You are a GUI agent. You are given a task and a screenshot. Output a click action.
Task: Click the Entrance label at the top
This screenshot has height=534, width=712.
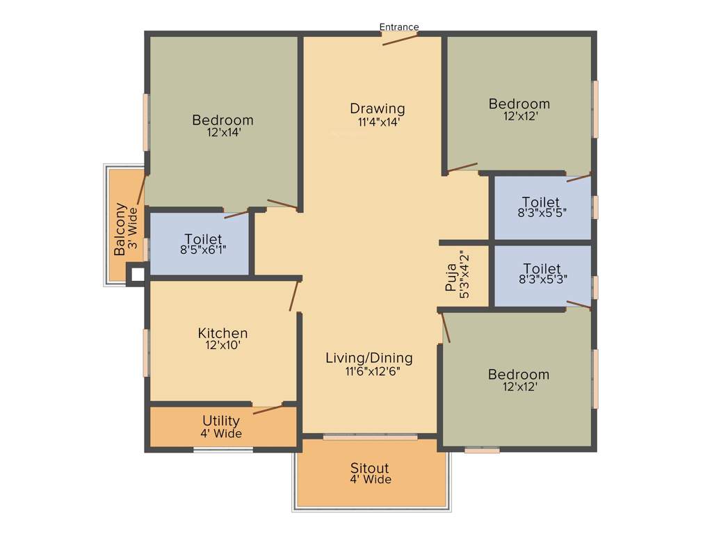[x=398, y=27]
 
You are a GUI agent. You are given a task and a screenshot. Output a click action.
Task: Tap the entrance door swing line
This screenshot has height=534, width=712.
[x=400, y=40]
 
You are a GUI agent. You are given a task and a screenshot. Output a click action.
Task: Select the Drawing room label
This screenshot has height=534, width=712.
[x=378, y=108]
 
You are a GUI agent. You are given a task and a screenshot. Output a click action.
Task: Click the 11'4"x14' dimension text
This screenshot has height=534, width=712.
[x=378, y=122]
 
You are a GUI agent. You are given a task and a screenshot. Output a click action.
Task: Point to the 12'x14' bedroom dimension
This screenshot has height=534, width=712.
[x=223, y=132]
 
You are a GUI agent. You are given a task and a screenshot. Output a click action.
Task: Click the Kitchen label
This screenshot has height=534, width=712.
[x=222, y=333]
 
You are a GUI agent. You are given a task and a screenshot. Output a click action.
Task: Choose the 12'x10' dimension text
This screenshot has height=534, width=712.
[x=222, y=345]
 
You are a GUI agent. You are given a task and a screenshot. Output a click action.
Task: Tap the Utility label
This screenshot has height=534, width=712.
[x=220, y=421]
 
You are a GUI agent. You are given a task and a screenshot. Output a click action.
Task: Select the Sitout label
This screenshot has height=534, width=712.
[x=369, y=468]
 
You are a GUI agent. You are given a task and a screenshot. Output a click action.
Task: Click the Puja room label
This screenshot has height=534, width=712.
[x=451, y=277]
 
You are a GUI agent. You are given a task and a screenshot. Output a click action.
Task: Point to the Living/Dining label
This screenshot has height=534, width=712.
[x=369, y=358]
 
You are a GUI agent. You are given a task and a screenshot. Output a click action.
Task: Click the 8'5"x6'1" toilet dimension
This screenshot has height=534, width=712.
[x=203, y=250]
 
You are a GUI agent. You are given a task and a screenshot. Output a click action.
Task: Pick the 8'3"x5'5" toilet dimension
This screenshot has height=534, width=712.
[x=542, y=213]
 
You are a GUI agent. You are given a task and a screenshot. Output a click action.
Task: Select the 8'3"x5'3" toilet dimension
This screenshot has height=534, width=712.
[x=542, y=280]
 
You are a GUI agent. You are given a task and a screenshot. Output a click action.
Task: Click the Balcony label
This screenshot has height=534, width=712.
[x=120, y=229]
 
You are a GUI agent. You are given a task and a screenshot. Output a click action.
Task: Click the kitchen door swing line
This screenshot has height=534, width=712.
[x=294, y=296]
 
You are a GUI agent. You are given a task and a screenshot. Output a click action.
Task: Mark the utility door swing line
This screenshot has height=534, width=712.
[x=268, y=409]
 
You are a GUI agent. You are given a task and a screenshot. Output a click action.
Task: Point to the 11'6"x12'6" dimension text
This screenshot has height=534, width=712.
[x=373, y=371]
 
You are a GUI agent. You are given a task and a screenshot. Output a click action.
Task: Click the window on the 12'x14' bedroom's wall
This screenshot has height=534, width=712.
[x=146, y=122]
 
